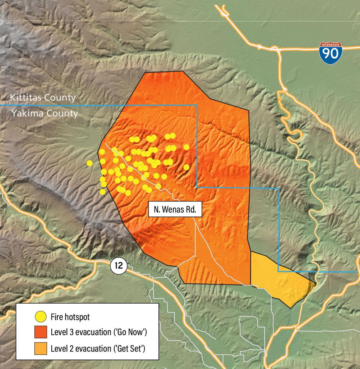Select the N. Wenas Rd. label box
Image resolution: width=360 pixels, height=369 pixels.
(175, 209)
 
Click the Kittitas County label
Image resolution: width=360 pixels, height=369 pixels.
(43, 98)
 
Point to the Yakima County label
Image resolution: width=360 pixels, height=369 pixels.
(44, 113)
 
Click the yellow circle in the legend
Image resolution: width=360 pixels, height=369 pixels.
(40, 317)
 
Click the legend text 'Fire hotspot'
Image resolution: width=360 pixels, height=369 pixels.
(70, 317)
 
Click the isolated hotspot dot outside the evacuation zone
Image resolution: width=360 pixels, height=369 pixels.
(89, 163)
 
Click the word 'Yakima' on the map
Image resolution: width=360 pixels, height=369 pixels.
(26, 113)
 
